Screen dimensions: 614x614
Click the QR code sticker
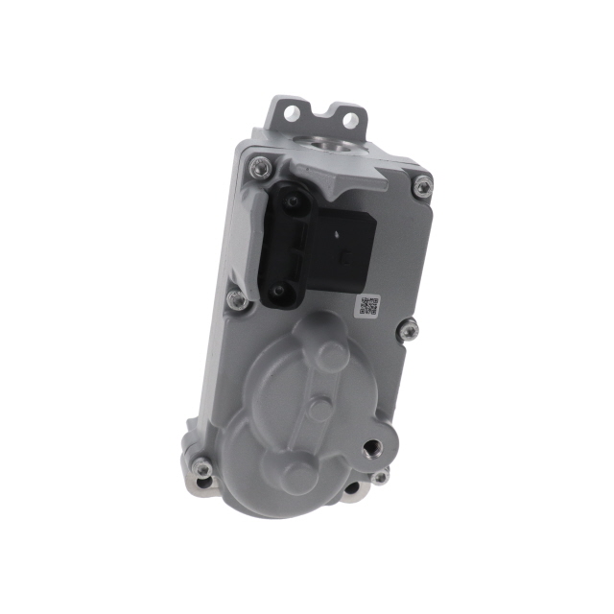369,306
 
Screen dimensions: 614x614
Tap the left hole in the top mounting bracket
289,113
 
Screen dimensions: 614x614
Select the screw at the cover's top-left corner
256,168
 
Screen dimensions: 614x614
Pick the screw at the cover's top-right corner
422,187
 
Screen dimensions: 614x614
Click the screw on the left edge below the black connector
235,300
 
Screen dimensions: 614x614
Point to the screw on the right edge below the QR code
410,330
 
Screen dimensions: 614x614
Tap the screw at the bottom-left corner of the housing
201,468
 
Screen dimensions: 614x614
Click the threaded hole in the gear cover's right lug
371,448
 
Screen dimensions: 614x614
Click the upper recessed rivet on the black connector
289,201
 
